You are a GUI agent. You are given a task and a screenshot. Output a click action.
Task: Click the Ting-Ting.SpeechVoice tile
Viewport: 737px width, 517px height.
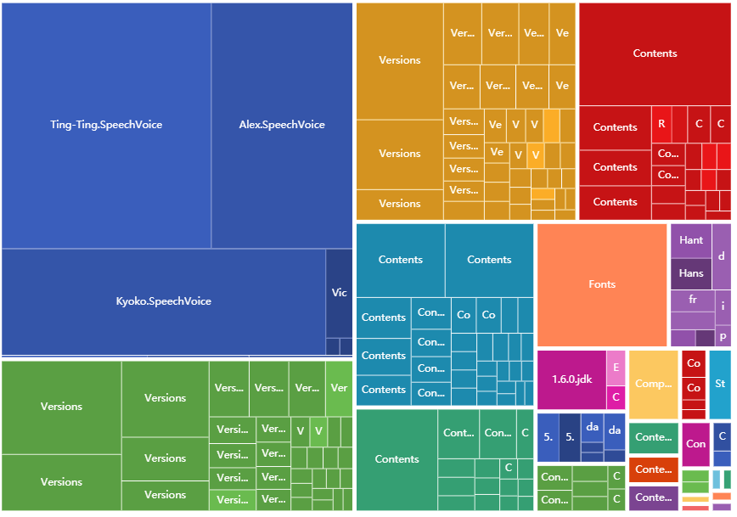click(106, 125)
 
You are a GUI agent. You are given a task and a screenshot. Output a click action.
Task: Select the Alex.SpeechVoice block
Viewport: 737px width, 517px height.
click(282, 125)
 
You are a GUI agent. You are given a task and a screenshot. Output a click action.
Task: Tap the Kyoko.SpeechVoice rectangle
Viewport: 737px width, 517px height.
click(164, 301)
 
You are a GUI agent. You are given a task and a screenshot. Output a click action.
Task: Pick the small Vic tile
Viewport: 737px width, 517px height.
click(339, 293)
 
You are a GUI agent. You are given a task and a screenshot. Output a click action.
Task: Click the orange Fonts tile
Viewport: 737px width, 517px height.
click(602, 284)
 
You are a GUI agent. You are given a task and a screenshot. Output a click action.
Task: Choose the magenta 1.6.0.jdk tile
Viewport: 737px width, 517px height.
click(571, 379)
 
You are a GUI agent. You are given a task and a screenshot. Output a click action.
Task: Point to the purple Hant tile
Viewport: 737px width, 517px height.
click(691, 240)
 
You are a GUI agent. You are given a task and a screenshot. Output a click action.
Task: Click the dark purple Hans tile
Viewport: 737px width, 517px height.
click(691, 273)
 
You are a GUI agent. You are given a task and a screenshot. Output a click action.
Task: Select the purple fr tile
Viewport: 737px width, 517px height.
click(692, 300)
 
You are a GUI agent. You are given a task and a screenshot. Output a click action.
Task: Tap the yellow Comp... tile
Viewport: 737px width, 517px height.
click(653, 384)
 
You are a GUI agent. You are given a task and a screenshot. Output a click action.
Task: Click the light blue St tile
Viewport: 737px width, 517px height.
click(720, 384)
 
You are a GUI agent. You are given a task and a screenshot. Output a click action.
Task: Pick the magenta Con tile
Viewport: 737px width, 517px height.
click(695, 443)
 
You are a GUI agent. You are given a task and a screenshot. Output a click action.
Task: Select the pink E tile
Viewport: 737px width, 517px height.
click(616, 368)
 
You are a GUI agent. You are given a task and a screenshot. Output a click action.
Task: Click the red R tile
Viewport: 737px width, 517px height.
click(662, 124)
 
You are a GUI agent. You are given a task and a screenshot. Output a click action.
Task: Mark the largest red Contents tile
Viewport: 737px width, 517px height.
click(655, 53)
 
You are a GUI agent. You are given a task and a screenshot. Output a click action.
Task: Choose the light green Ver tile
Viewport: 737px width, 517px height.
click(339, 388)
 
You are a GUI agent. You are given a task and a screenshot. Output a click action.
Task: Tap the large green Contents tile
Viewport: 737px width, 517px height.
click(397, 459)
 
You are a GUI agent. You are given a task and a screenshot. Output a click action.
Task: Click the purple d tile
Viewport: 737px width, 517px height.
click(722, 256)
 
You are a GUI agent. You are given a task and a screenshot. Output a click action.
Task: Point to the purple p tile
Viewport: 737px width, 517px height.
click(723, 337)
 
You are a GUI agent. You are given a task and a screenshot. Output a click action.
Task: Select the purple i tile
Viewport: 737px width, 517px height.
click(723, 306)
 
